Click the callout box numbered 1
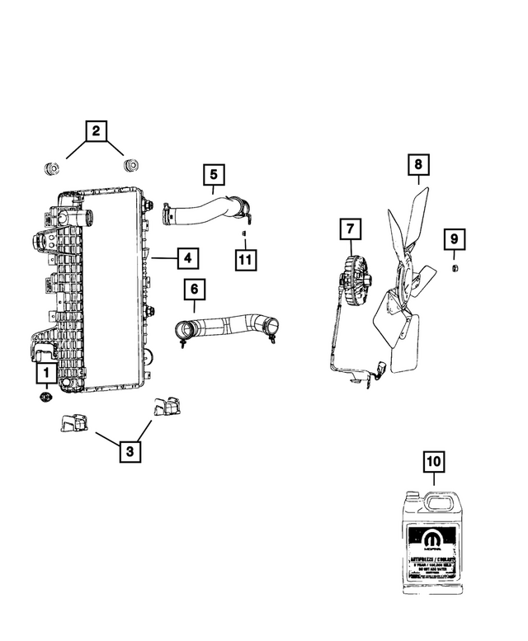click(x=45, y=373)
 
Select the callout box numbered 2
click(x=96, y=130)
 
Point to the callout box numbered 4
click(x=187, y=258)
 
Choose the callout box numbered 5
click(x=213, y=174)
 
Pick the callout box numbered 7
click(x=350, y=228)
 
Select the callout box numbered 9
click(x=453, y=239)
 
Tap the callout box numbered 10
click(x=433, y=462)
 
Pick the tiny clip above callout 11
click(x=243, y=234)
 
